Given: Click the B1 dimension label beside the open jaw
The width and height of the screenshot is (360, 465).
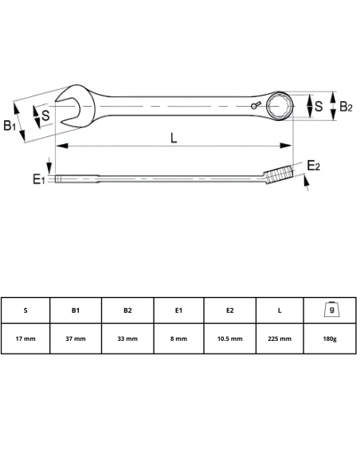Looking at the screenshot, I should pyautogui.click(x=10, y=124).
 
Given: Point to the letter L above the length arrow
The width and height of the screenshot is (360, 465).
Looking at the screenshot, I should pyautogui.click(x=174, y=137).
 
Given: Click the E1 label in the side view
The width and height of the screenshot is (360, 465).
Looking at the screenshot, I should pyautogui.click(x=38, y=181).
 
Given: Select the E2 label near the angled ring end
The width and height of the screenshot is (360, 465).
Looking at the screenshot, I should pyautogui.click(x=314, y=165).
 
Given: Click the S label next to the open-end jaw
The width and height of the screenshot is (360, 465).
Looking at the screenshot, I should pyautogui.click(x=46, y=115).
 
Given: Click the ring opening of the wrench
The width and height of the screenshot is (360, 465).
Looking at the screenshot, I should pyautogui.click(x=283, y=104).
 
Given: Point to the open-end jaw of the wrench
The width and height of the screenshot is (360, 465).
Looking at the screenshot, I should pyautogui.click(x=67, y=104).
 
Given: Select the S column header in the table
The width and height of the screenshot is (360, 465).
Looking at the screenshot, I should pyautogui.click(x=25, y=311).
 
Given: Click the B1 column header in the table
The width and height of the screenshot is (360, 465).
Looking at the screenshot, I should pyautogui.click(x=76, y=311).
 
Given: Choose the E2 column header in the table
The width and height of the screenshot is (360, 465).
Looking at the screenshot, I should pyautogui.click(x=230, y=311).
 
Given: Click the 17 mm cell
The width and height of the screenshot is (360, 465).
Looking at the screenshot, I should pyautogui.click(x=25, y=338).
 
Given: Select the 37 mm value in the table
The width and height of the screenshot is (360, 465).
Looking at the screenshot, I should pyautogui.click(x=76, y=338).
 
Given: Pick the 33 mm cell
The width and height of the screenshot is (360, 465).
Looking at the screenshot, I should pyautogui.click(x=127, y=338).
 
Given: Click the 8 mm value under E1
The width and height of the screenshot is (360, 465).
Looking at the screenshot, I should pyautogui.click(x=178, y=338).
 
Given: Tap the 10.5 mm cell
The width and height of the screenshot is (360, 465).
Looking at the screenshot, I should pyautogui.click(x=230, y=338).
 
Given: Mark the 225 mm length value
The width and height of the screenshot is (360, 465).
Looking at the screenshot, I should pyautogui.click(x=280, y=338).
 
